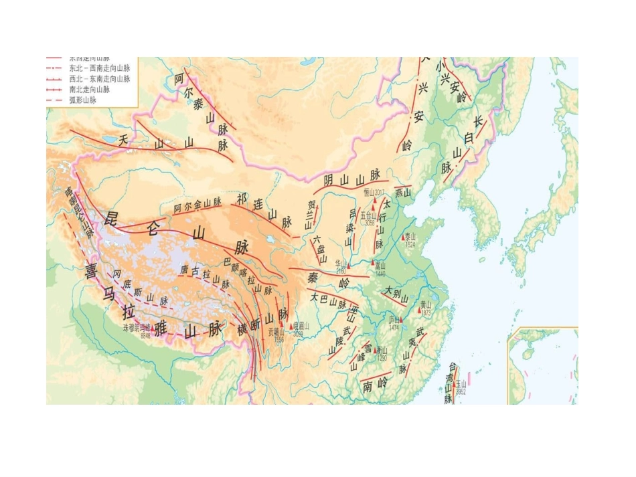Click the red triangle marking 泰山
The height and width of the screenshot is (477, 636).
(404, 237)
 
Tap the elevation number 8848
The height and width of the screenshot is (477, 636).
(145, 336)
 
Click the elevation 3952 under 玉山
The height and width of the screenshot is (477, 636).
(461, 392)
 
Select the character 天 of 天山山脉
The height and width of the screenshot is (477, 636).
(123, 140)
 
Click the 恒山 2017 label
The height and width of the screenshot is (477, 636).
(375, 193)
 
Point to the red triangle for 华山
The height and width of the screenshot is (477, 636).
(348, 266)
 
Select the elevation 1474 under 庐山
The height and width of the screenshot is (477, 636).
(395, 327)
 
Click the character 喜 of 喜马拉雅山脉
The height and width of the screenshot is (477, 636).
(91, 270)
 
